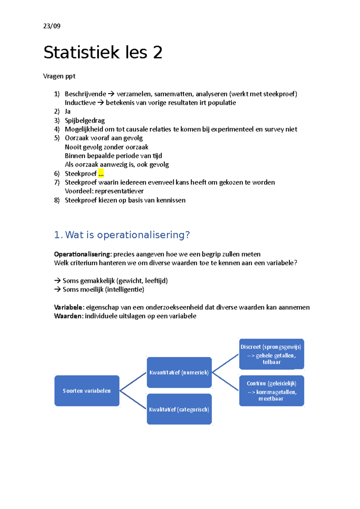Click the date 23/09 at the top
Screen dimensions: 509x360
coord(52,26)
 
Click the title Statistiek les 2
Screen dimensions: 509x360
coord(103,52)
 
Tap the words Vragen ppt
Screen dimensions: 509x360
coord(59,76)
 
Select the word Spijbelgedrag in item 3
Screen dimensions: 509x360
coord(85,121)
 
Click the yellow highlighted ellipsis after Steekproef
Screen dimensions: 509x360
coord(101,174)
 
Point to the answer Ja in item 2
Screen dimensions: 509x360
coord(67,112)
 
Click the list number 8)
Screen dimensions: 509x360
coord(57,200)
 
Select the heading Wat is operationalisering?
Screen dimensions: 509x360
coord(127,235)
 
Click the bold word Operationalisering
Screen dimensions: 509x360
coord(82,254)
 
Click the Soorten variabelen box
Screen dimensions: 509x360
coord(87,391)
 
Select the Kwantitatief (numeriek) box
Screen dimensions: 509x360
coord(179,372)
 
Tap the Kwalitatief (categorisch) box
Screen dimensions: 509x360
coord(179,409)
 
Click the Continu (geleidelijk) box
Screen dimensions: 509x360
coord(271,391)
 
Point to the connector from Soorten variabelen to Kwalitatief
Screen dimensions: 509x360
coord(133,400)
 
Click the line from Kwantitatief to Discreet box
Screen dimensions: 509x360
coord(225,363)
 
